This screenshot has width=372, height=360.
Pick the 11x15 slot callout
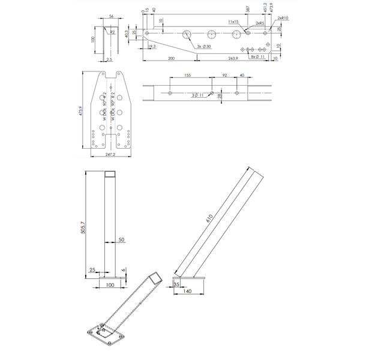point(234,21)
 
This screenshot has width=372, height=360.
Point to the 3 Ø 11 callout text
point(196,95)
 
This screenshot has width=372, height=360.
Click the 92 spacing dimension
point(224,76)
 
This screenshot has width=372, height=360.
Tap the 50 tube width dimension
point(121,239)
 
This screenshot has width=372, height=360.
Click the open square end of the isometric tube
point(155,277)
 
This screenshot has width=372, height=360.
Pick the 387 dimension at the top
point(248,9)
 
